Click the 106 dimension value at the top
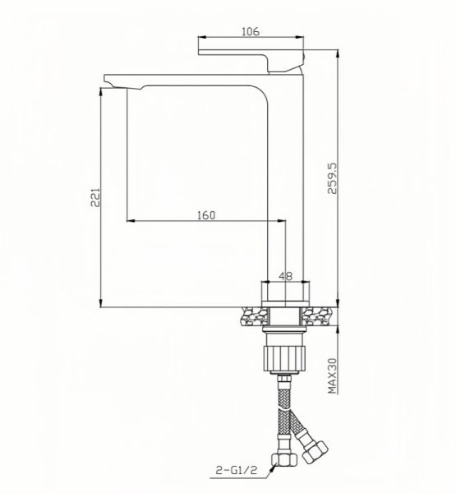(x=251, y=31)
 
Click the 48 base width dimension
(x=286, y=276)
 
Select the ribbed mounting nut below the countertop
(x=285, y=356)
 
